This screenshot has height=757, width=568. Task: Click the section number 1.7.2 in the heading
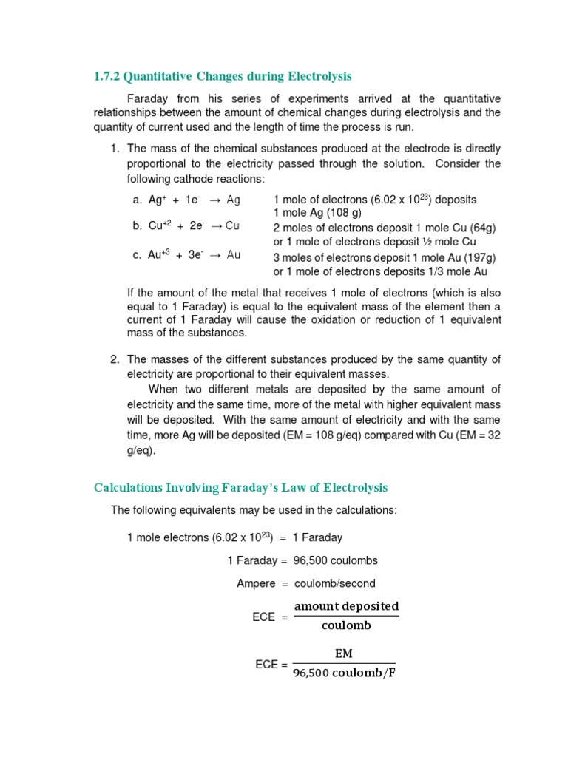107,76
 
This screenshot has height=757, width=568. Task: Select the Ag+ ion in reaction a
157,200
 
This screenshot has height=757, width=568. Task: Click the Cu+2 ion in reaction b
160,226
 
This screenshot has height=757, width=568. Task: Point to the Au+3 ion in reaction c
160,255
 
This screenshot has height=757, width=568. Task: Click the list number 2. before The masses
115,360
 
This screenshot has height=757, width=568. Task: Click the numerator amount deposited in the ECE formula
346,606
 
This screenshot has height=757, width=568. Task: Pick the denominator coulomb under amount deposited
346,626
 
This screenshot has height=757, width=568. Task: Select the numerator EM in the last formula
344,654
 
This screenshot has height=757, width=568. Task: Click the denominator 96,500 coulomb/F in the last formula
344,673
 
